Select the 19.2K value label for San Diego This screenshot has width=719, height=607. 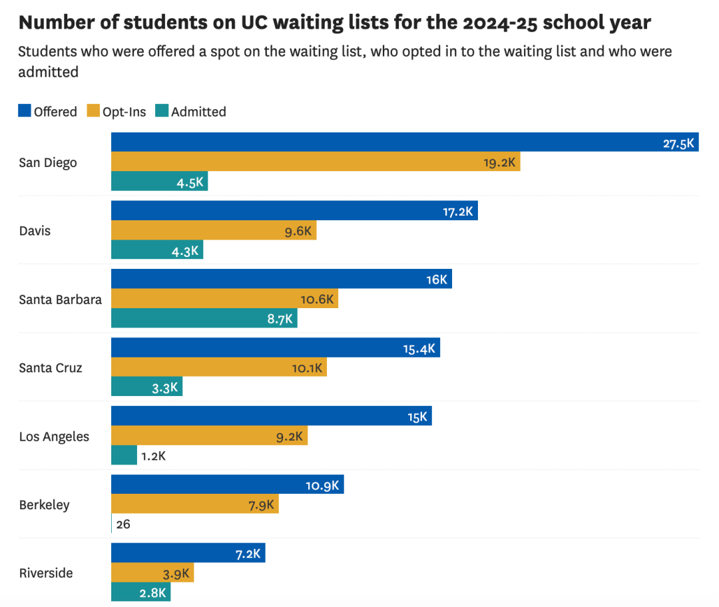[499, 162]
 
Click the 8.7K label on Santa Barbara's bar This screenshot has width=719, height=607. [280, 319]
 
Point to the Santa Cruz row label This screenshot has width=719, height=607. [51, 367]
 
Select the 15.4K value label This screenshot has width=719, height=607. [419, 348]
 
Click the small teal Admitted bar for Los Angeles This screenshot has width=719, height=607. [124, 455]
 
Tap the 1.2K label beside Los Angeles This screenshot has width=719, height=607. [153, 456]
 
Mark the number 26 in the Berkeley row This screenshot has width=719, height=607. [123, 524]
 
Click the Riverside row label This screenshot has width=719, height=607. [46, 573]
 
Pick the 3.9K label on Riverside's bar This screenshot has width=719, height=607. [176, 573]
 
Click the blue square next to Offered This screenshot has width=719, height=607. [25, 111]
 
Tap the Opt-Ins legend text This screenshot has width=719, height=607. [124, 112]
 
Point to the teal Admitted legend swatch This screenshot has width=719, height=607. [161, 111]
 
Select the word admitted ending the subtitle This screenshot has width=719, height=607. [49, 72]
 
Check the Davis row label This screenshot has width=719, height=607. [35, 231]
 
